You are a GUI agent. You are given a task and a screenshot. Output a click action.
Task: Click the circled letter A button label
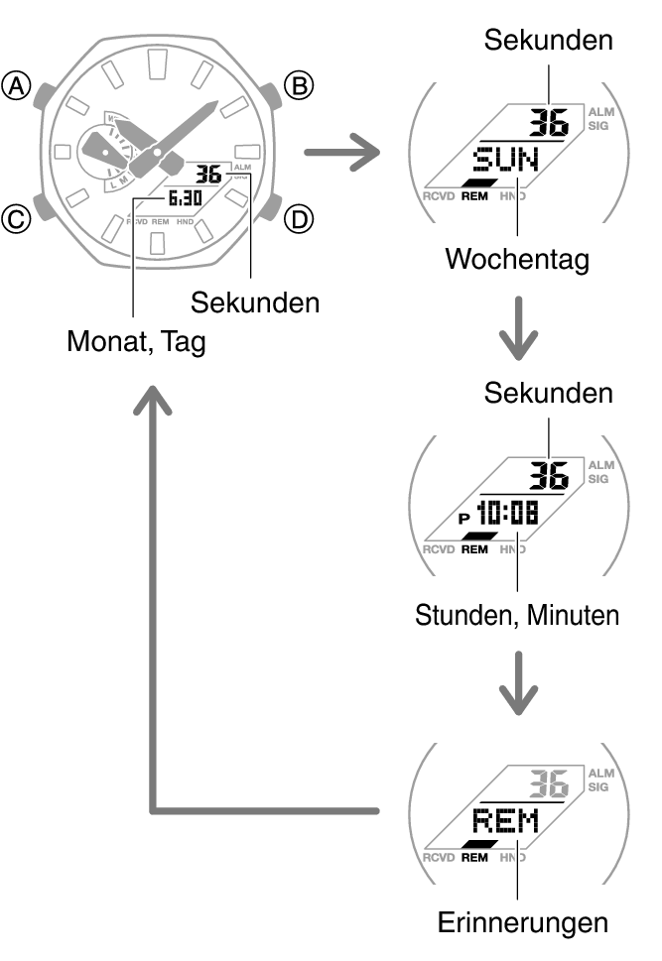[x=17, y=88]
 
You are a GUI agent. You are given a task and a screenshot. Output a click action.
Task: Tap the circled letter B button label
[x=298, y=87]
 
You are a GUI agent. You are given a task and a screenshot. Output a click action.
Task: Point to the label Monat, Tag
[x=137, y=342]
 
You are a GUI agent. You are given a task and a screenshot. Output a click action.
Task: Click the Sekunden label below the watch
[x=255, y=301]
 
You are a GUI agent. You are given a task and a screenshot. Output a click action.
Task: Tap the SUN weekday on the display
[x=505, y=159]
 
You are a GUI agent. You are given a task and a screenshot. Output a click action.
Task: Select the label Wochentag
[x=516, y=260]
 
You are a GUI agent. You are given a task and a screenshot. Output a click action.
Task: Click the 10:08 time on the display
[x=508, y=513]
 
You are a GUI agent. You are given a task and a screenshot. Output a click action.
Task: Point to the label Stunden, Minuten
[x=516, y=615]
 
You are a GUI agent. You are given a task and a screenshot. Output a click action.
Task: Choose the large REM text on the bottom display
[x=505, y=820]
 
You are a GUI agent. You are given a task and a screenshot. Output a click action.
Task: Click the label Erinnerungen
[x=522, y=923]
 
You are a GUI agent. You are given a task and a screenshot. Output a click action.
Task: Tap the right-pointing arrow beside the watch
[x=342, y=154]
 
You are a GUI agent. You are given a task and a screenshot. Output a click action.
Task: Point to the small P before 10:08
[x=463, y=517]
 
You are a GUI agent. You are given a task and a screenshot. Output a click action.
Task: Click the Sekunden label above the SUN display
[x=548, y=40]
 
